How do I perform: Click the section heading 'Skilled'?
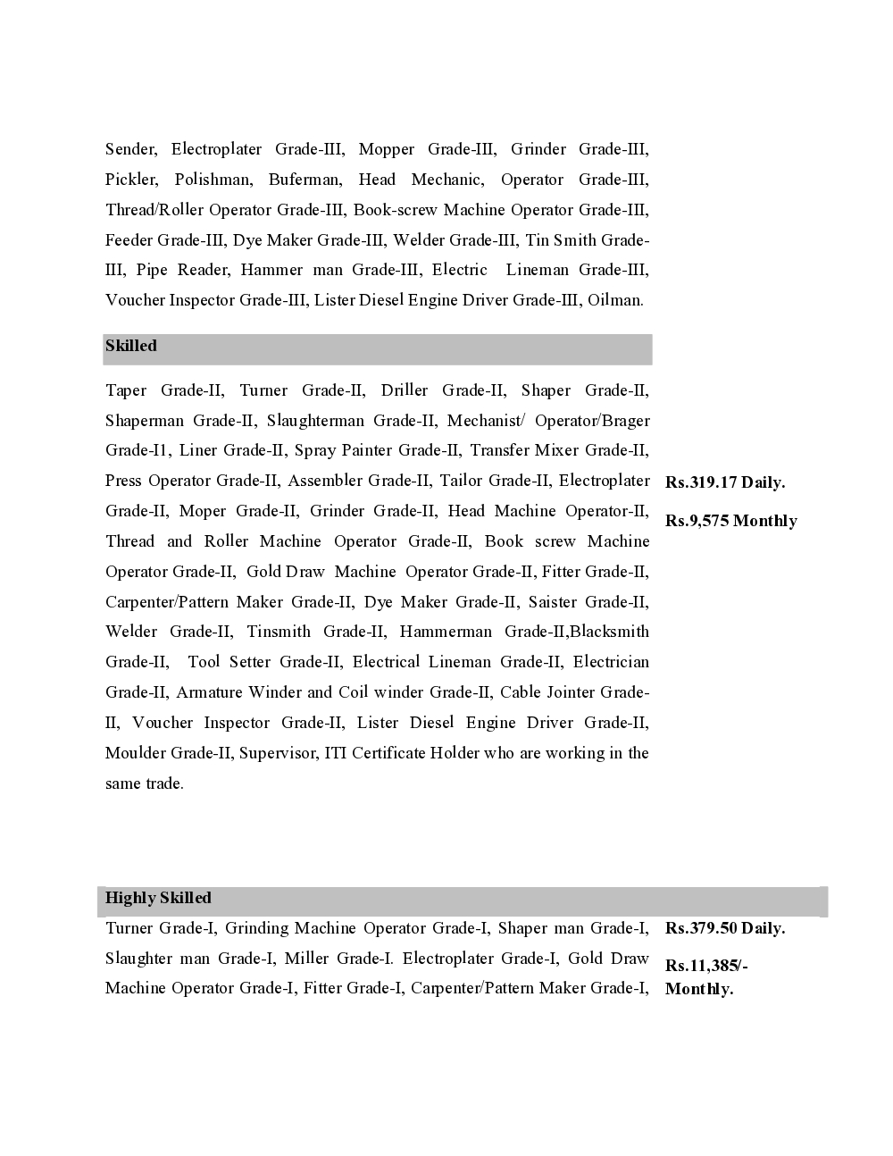point(131,346)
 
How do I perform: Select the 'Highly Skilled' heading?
point(158,898)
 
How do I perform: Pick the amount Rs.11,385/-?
point(706,966)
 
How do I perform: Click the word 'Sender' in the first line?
point(130,149)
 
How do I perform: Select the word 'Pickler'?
point(130,180)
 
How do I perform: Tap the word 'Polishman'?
point(213,180)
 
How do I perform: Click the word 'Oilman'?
point(614,300)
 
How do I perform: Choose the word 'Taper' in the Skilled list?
point(126,390)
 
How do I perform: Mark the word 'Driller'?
point(405,390)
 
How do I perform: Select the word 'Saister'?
point(552,602)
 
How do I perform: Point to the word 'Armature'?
point(209,692)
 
